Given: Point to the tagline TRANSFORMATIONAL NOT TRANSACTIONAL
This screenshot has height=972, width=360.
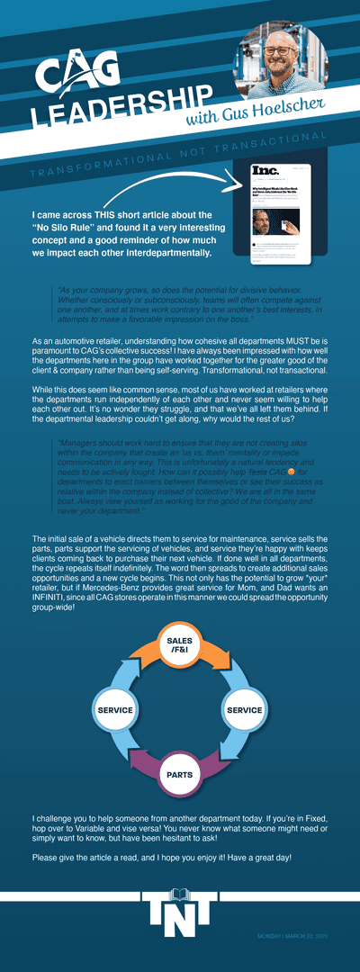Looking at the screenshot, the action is click(179, 153).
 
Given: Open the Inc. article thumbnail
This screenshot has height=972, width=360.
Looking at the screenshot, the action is click(281, 213).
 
